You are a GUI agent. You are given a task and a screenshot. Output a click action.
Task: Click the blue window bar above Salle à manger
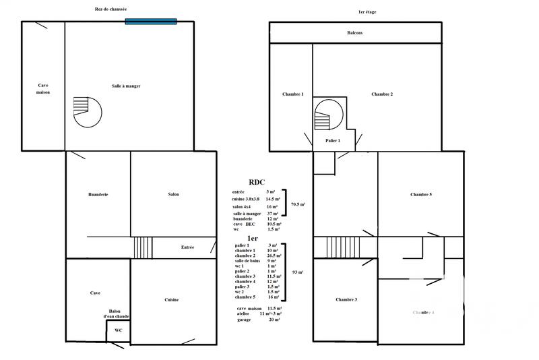[150, 22]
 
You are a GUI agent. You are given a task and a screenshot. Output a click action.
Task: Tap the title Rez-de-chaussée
[111, 9]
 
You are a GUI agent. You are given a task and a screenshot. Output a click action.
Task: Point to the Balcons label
[355, 32]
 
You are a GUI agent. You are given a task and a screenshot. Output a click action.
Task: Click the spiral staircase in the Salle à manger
[86, 111]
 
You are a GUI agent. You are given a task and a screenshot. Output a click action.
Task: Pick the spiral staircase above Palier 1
[329, 115]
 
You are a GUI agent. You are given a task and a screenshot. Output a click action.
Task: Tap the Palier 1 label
[333, 140]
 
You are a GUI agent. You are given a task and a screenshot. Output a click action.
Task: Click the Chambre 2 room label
[382, 94]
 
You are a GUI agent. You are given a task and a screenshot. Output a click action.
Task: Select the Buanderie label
[98, 194]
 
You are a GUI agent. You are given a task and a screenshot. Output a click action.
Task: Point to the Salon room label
[173, 194]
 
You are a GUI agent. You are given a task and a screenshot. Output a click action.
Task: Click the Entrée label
[187, 247]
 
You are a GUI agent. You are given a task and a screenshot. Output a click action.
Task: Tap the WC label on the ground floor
[118, 330]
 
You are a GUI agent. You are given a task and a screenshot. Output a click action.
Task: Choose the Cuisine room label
[171, 299]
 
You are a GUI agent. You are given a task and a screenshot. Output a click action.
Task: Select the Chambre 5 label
[421, 194]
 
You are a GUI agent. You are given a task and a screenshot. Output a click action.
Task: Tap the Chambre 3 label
[346, 299]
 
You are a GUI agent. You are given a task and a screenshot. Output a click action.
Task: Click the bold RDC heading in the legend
[257, 182]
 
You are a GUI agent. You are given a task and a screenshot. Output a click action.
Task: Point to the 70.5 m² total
[298, 204]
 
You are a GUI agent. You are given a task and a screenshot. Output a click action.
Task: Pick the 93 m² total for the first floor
[297, 272]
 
